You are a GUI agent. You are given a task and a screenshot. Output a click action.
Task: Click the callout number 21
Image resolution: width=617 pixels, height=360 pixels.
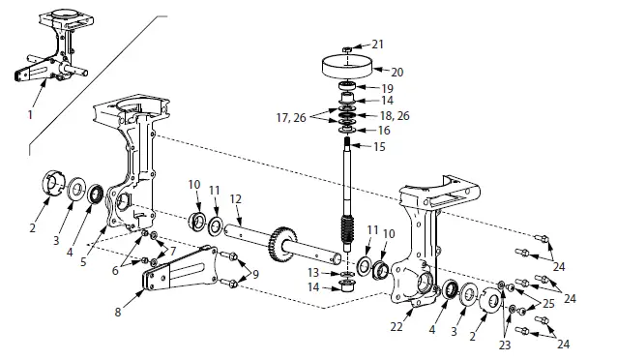point(377,45)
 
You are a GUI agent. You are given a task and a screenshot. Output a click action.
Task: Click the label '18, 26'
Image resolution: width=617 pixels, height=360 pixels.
point(392,115)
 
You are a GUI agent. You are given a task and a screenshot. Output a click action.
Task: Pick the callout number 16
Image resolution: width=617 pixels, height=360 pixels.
point(384,130)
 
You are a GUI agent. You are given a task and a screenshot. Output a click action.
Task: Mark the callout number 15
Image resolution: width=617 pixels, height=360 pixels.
point(379,146)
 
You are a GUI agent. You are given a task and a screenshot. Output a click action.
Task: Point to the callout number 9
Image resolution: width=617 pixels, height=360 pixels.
point(255,275)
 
